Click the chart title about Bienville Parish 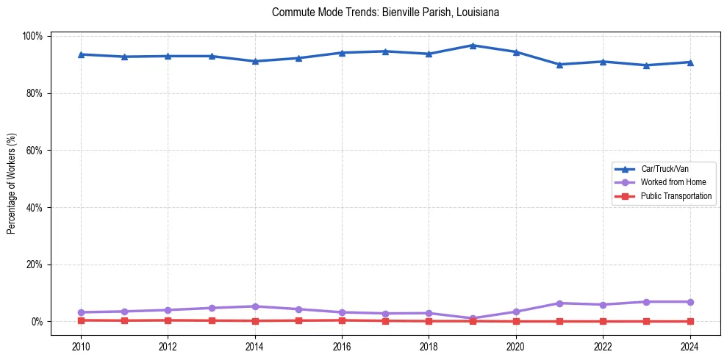point(385,12)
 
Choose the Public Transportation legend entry point(676,196)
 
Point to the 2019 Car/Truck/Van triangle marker point(473,46)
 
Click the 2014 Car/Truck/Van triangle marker point(255,61)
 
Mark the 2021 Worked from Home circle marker point(559,303)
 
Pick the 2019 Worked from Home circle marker point(473,319)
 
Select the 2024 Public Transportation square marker point(690,321)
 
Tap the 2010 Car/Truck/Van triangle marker point(81,54)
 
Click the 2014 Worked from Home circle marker point(255,306)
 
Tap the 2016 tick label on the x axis point(342,346)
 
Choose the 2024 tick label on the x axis point(690,346)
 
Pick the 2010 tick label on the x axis point(81,346)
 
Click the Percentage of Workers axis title point(12,179)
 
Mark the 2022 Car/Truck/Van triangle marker point(603,62)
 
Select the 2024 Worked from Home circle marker point(690,302)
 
